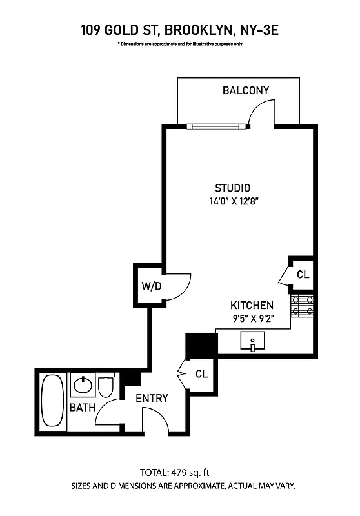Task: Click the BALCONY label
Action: (x=246, y=90)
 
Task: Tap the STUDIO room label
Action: (x=232, y=188)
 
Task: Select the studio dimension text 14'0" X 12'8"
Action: (x=234, y=201)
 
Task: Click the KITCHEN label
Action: (x=252, y=305)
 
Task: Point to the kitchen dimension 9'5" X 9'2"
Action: (x=252, y=317)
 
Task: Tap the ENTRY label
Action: (x=152, y=398)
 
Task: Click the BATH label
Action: (x=82, y=407)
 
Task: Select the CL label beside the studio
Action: (x=303, y=274)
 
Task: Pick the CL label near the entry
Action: (x=202, y=373)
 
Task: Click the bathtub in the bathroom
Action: (x=52, y=401)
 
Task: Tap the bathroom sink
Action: (x=83, y=386)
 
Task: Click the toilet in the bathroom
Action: (x=106, y=386)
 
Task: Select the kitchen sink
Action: (x=254, y=341)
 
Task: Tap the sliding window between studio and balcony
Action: (x=215, y=126)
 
